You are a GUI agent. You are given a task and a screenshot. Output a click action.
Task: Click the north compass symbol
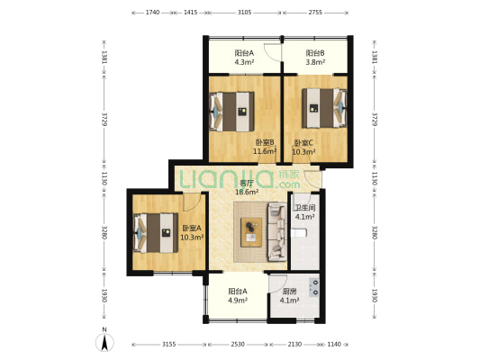(x=104, y=342)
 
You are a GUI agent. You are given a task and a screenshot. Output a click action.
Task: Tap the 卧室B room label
(x=265, y=142)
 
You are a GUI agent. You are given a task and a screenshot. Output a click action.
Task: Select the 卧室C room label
(x=303, y=143)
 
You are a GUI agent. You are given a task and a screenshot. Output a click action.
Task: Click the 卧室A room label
(x=192, y=229)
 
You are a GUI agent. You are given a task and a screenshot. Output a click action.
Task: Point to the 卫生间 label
(x=305, y=208)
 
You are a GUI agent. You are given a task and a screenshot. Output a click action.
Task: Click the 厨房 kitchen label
(x=289, y=292)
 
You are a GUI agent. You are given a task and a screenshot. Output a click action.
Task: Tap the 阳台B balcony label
(x=315, y=53)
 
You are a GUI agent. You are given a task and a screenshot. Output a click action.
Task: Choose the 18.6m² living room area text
(x=247, y=192)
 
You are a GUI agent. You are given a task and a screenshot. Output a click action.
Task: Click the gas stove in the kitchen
(x=314, y=287)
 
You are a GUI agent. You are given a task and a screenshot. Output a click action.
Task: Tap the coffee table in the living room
(x=251, y=232)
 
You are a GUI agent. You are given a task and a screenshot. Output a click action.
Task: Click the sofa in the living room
(x=277, y=232)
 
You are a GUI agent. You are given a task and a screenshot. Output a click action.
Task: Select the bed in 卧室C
(x=324, y=108)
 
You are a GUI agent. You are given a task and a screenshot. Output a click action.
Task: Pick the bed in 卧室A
(x=156, y=233)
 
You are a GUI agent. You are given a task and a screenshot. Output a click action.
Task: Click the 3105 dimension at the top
(x=245, y=13)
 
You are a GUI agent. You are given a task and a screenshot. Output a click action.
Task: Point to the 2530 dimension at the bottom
(x=238, y=345)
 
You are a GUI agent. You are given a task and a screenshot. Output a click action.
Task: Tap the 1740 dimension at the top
(x=152, y=13)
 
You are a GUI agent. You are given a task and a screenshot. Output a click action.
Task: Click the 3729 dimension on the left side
(x=104, y=120)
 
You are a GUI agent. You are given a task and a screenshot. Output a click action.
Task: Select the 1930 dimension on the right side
(x=374, y=295)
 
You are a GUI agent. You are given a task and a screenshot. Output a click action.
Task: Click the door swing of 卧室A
(x=192, y=202)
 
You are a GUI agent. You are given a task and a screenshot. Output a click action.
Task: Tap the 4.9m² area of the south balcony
(x=238, y=301)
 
